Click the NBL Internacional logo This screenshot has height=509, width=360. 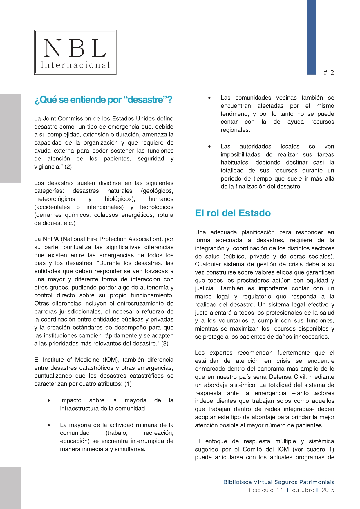pos(75,52)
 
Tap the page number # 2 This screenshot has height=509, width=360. pos(329,73)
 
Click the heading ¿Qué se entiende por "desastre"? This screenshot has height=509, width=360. pos(103,100)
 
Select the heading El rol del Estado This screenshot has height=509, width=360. pos(233,213)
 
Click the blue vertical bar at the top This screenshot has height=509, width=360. pos(312,37)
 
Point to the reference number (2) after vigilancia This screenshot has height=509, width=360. pos(68,167)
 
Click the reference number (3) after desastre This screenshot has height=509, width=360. pos(164,344)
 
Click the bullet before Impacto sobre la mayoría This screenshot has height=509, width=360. pos(49,401)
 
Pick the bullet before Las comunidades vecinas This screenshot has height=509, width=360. pos(209,98)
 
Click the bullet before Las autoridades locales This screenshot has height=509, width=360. pos(209,147)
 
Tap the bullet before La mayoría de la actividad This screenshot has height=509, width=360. pos(49,425)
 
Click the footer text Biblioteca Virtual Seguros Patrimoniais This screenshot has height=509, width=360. pos(278,482)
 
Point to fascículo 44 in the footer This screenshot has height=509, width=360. pos(266,490)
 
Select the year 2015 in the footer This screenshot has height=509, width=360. pos(328,490)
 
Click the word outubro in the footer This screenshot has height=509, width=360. pos(303,490)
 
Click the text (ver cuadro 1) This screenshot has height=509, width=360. pos(313,450)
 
